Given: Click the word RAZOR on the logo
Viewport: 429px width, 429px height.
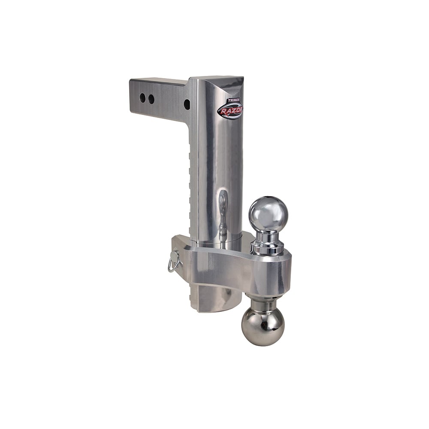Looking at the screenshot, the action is click(230, 111).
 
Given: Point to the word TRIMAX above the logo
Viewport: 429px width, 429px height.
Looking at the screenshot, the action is click(234, 100).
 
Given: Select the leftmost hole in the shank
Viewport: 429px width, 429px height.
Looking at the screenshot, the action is click(142, 98).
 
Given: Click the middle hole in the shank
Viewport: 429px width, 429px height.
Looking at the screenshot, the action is click(151, 99).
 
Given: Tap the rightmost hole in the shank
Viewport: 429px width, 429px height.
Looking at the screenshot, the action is click(187, 104).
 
